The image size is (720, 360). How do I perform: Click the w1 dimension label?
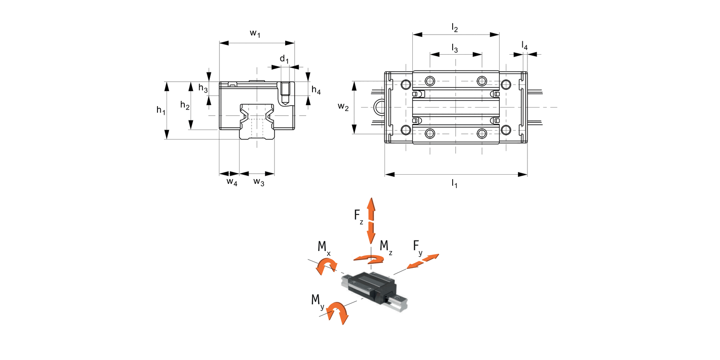(255, 34)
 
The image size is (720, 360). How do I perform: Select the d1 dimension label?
(285, 60)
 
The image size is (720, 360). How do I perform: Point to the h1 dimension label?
(161, 111)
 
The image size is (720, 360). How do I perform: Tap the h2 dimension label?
(185, 105)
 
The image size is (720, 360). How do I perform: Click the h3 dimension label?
(203, 88)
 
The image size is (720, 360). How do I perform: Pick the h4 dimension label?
(316, 90)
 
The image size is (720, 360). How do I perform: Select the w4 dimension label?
(232, 182)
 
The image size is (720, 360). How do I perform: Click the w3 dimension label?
(259, 182)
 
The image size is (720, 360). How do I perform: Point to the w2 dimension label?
(343, 107)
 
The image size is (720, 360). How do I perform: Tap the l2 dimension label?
(455, 28)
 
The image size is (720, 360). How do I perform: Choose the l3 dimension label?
(455, 48)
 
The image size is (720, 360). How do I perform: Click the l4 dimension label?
(525, 46)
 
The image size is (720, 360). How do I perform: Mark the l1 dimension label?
(454, 183)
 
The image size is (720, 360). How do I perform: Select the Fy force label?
(418, 247)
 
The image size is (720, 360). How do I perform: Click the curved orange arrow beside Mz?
(369, 259)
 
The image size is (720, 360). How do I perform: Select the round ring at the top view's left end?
(379, 107)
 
